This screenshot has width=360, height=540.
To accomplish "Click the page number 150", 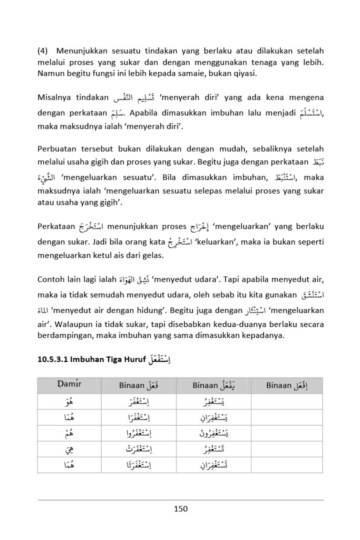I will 180,509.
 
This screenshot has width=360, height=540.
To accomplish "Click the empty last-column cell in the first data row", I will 287,402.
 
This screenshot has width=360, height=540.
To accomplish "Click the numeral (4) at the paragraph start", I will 43,51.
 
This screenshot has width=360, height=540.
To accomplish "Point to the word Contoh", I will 52,279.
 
